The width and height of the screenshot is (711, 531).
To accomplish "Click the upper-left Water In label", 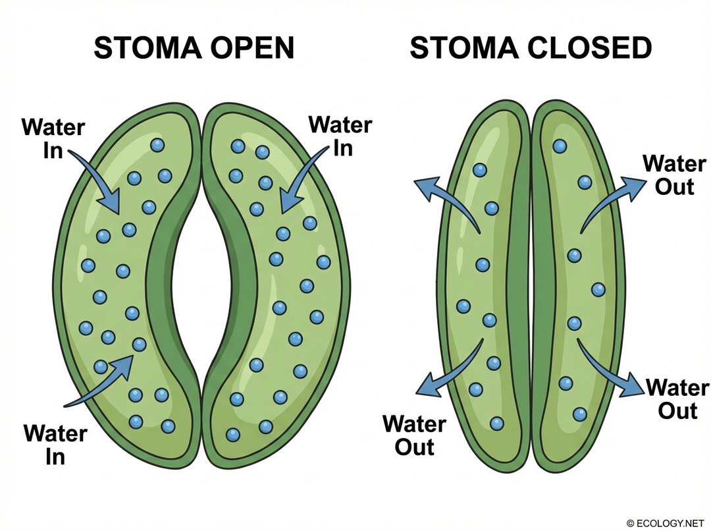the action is click(53, 138).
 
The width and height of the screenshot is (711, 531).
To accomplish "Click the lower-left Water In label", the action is click(55, 445).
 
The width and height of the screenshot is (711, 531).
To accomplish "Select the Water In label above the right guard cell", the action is click(340, 135).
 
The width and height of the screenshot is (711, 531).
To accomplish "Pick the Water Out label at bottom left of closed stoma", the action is click(414, 435).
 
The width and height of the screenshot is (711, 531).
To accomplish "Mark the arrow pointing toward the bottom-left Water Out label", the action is click(451, 369).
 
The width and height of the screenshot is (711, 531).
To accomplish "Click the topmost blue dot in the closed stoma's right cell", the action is click(560, 146).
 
